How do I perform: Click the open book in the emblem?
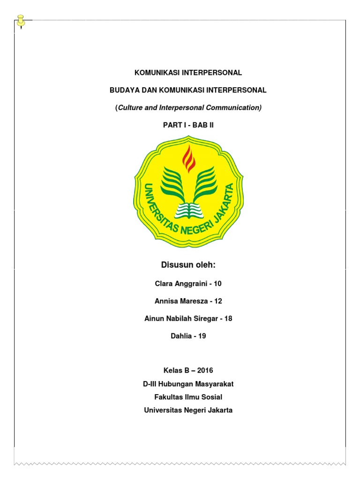click(x=188, y=210)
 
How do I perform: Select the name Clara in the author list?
click(x=165, y=283)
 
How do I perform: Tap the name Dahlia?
click(x=182, y=337)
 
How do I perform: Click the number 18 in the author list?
click(x=228, y=319)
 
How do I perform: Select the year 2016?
click(x=205, y=370)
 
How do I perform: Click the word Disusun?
click(x=174, y=265)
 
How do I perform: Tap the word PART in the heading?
click(x=172, y=125)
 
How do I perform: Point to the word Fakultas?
click(x=168, y=397)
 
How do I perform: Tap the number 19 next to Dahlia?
click(x=202, y=337)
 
